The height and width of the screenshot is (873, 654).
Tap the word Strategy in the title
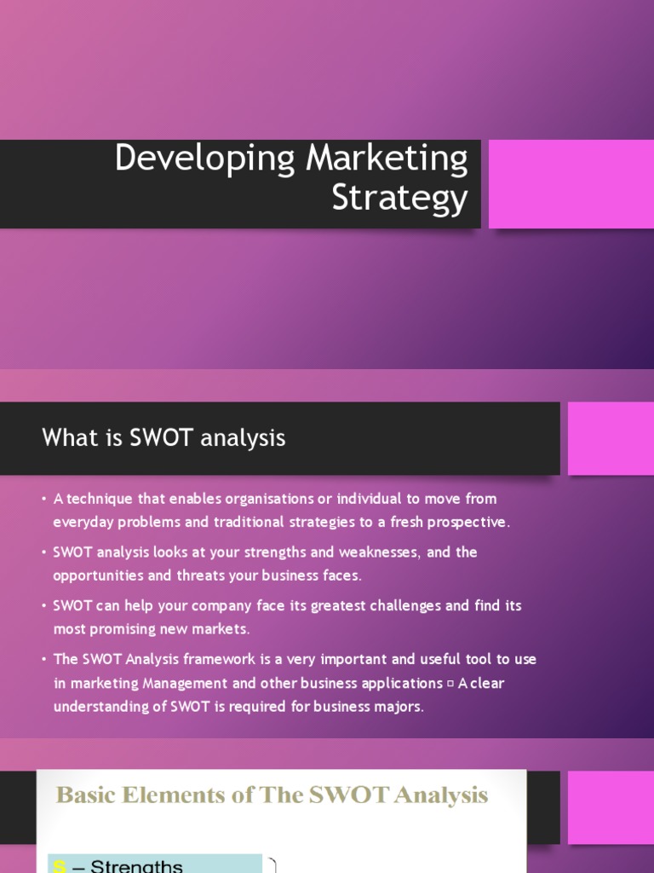(x=400, y=198)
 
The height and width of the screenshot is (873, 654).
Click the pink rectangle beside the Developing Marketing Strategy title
(x=571, y=184)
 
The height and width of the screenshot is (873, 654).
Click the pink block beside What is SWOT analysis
(x=611, y=439)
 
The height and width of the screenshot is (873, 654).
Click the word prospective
(x=467, y=523)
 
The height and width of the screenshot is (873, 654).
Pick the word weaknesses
(x=379, y=552)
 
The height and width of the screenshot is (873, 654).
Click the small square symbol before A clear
(x=450, y=684)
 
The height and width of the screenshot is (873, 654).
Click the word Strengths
(x=136, y=866)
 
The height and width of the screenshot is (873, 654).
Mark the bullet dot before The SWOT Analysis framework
(x=44, y=659)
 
